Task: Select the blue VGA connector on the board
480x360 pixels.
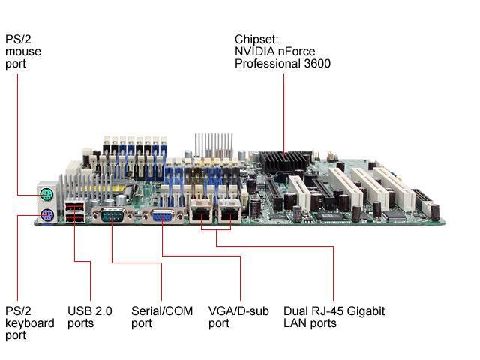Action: [161, 216]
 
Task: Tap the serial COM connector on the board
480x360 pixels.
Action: [112, 217]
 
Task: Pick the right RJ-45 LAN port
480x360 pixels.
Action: [229, 213]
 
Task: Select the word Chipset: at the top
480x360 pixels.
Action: [257, 40]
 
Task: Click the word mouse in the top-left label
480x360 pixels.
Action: [23, 52]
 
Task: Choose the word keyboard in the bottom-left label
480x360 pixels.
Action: [30, 323]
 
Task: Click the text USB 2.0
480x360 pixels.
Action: [89, 311]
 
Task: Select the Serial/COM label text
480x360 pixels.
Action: [162, 311]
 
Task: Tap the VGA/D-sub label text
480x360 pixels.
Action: [238, 311]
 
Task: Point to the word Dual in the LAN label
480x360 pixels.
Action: [295, 311]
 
